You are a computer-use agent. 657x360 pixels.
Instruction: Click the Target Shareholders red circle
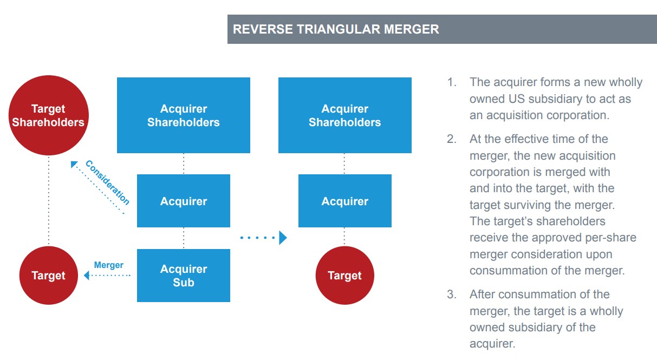[48, 115]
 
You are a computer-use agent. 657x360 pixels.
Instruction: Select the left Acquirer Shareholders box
[184, 115]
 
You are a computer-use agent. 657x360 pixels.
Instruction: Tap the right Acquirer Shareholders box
[344, 115]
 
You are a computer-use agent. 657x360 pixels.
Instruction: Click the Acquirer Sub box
[184, 276]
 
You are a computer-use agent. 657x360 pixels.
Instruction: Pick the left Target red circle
[48, 276]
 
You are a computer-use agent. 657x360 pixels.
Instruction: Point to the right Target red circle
[344, 276]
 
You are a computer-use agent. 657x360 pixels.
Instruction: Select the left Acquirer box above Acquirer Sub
[184, 201]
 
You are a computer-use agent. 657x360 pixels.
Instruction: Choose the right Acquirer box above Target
[344, 201]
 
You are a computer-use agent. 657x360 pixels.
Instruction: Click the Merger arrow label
[108, 265]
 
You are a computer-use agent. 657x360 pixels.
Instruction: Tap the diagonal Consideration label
[108, 182]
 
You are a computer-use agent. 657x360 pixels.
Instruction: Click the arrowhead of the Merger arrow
[87, 276]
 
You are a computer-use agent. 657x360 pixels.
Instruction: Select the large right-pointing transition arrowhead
[282, 237]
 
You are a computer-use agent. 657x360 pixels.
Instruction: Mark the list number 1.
[451, 82]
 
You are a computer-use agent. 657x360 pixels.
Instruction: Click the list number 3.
[451, 294]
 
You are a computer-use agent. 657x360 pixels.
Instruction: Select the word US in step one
[517, 99]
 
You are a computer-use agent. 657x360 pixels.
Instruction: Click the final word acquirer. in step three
[493, 344]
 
